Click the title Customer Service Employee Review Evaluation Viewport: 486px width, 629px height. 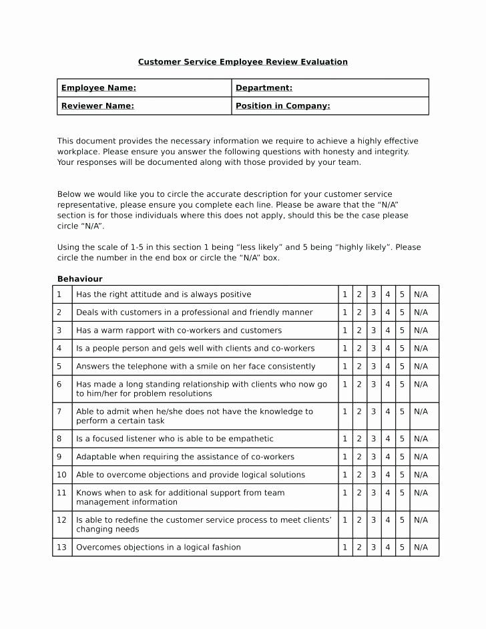pyautogui.click(x=243, y=62)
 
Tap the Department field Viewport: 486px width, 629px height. pyautogui.click(x=330, y=88)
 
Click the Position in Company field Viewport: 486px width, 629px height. pyautogui.click(x=330, y=106)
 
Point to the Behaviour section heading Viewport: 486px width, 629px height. pyautogui.click(x=79, y=279)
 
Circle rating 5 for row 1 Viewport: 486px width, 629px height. pyautogui.click(x=402, y=294)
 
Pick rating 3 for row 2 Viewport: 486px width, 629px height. pyautogui.click(x=373, y=312)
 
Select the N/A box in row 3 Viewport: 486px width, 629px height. pyautogui.click(x=421, y=331)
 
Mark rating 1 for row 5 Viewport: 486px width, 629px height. pyautogui.click(x=345, y=367)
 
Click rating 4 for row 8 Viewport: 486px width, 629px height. pyautogui.click(x=388, y=439)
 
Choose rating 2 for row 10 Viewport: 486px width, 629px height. pyautogui.click(x=359, y=475)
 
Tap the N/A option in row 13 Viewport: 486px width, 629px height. pyautogui.click(x=421, y=547)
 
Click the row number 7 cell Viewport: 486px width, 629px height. pyautogui.click(x=62, y=416)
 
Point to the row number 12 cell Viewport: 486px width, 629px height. pyautogui.click(x=62, y=524)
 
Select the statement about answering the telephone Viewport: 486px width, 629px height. pyautogui.click(x=196, y=367)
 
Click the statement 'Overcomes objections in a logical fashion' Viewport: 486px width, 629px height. pyautogui.click(x=158, y=547)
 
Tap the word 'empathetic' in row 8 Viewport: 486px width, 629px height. pyautogui.click(x=252, y=439)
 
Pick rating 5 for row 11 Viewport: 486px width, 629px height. pyautogui.click(x=402, y=493)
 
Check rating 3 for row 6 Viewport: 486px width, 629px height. pyautogui.click(x=373, y=385)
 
